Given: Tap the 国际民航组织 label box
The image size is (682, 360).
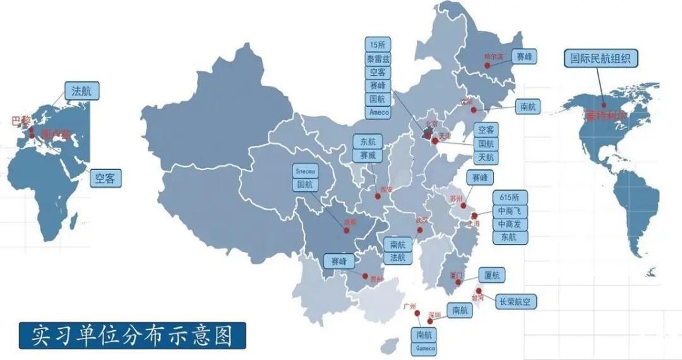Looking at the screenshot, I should point(601,59).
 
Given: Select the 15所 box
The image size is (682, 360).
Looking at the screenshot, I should point(378,44).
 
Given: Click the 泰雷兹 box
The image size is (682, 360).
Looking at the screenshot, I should point(378,58).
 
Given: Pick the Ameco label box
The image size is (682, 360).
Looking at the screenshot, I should point(378,112).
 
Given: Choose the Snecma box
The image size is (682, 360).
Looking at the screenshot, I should point(304,171).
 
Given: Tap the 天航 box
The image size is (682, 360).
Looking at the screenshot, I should point(486,157).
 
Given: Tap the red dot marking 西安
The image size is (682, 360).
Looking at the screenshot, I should point(377,196).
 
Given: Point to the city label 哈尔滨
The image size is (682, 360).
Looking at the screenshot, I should point(493,56).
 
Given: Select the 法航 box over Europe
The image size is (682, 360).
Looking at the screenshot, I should point(81,91).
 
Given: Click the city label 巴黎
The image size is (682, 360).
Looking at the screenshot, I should point(21,120).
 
